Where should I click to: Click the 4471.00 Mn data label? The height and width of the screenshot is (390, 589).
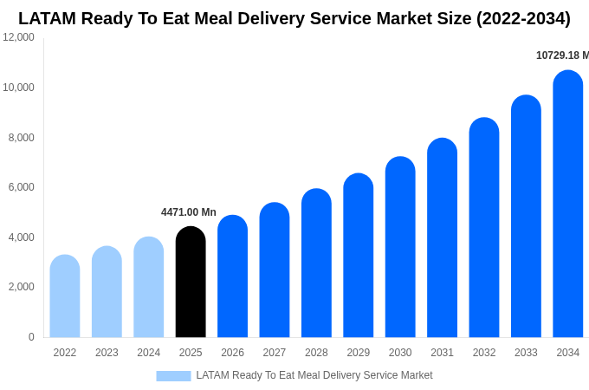point(189,212)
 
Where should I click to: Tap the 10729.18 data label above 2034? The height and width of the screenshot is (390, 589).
point(562,55)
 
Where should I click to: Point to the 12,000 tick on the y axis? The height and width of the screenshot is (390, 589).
point(18,37)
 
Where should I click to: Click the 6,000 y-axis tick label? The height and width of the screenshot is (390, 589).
point(21,187)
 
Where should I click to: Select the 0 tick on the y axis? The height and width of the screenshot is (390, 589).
point(31,337)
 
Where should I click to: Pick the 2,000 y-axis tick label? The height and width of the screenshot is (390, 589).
point(21,287)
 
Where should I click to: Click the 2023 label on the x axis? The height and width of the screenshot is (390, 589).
point(107,353)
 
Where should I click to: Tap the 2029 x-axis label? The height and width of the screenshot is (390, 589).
point(359,353)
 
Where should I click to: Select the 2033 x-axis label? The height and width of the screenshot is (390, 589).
point(526,353)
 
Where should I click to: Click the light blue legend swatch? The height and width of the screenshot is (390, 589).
point(173,376)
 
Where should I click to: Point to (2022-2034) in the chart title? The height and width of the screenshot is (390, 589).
point(523,18)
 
